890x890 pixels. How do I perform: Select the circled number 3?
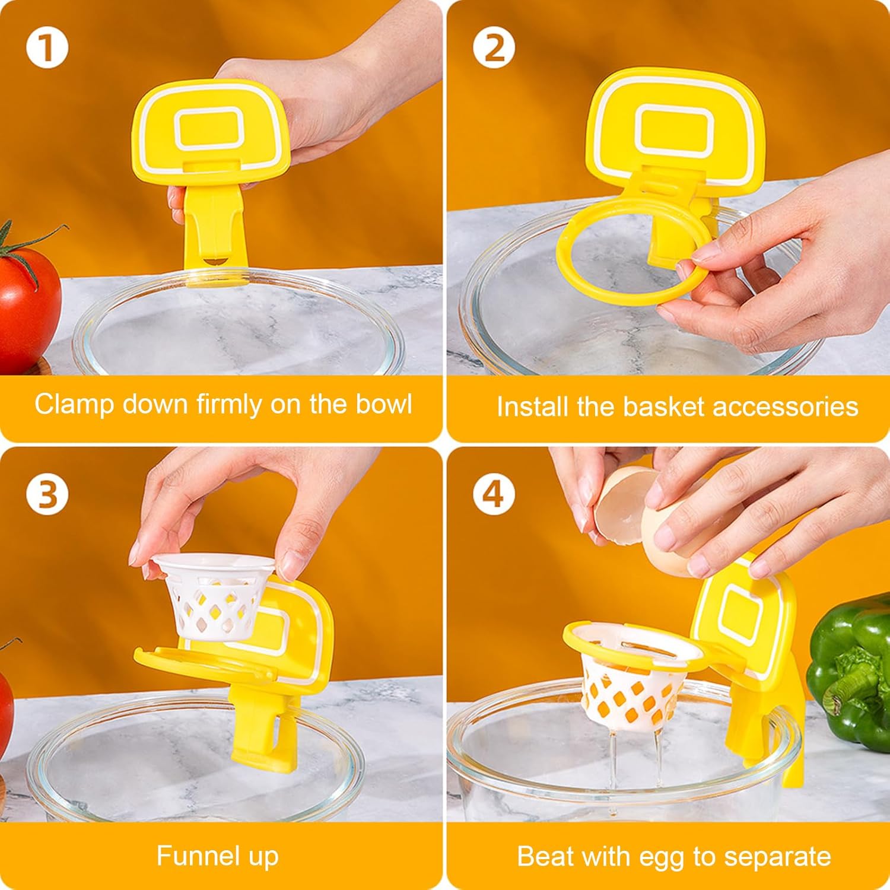[x=47, y=494]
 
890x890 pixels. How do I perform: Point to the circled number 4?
[x=494, y=494]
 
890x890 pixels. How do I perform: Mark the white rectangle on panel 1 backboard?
[x=208, y=128]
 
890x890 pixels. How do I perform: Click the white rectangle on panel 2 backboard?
[x=673, y=128]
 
